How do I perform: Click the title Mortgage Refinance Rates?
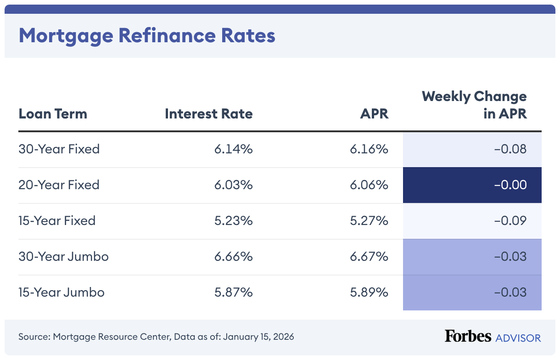click(x=147, y=35)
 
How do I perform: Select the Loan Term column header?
click(x=53, y=113)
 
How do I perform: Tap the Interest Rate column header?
click(x=208, y=113)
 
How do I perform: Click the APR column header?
click(x=374, y=113)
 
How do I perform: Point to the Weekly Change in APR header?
click(x=474, y=105)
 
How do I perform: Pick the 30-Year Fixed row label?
click(x=59, y=149)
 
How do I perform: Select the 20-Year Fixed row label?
click(x=59, y=185)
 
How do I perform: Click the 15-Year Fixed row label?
click(x=57, y=220)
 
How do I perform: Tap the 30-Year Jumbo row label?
click(x=63, y=256)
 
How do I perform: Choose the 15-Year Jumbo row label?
click(x=62, y=292)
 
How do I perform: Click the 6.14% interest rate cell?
click(x=233, y=149)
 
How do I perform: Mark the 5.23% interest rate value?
click(x=233, y=220)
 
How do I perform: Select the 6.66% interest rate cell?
click(x=233, y=256)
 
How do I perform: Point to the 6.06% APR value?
click(x=369, y=185)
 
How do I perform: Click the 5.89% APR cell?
click(x=369, y=292)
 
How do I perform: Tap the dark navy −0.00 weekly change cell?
click(x=472, y=185)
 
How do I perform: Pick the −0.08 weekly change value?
click(x=510, y=149)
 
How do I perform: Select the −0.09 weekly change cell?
click(x=510, y=220)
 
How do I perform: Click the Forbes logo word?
click(x=468, y=336)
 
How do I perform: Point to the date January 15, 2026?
click(x=258, y=337)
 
